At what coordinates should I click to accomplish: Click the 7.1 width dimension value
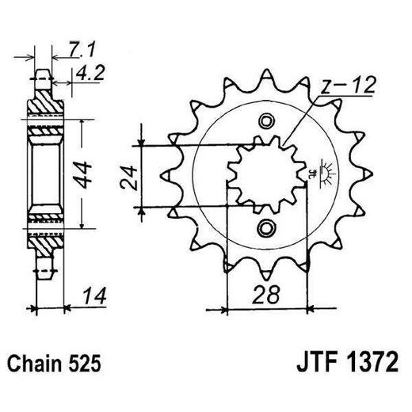[x=77, y=51]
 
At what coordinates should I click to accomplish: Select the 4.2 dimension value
[x=87, y=77]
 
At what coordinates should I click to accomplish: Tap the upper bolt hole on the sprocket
[x=265, y=121]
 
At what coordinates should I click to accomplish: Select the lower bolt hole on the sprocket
[x=265, y=230]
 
